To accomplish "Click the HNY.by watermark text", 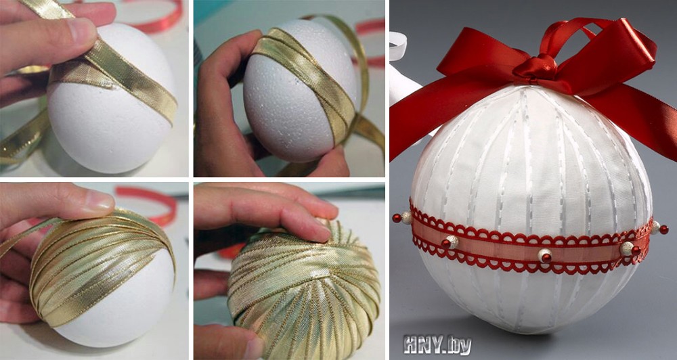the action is click(x=437, y=345).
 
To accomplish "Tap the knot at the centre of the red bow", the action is click(x=535, y=68).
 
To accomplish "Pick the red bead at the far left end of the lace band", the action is click(x=397, y=218).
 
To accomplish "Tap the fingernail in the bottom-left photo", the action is click(x=97, y=200).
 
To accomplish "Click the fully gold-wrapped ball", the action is click(x=305, y=289).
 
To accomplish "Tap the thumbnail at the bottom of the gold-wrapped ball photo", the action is click(x=255, y=348).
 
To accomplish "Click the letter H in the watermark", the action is click(x=412, y=345).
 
